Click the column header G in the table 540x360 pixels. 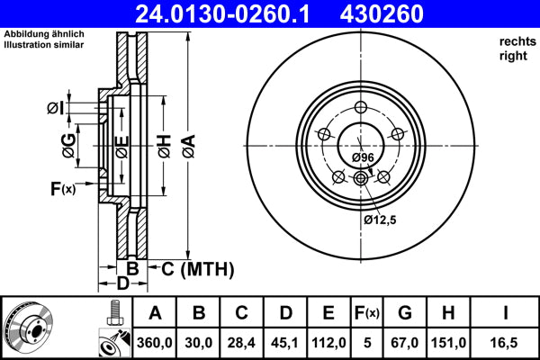pos(405,313)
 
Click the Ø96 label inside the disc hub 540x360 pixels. pos(363,158)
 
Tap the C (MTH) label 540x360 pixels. pos(197,268)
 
